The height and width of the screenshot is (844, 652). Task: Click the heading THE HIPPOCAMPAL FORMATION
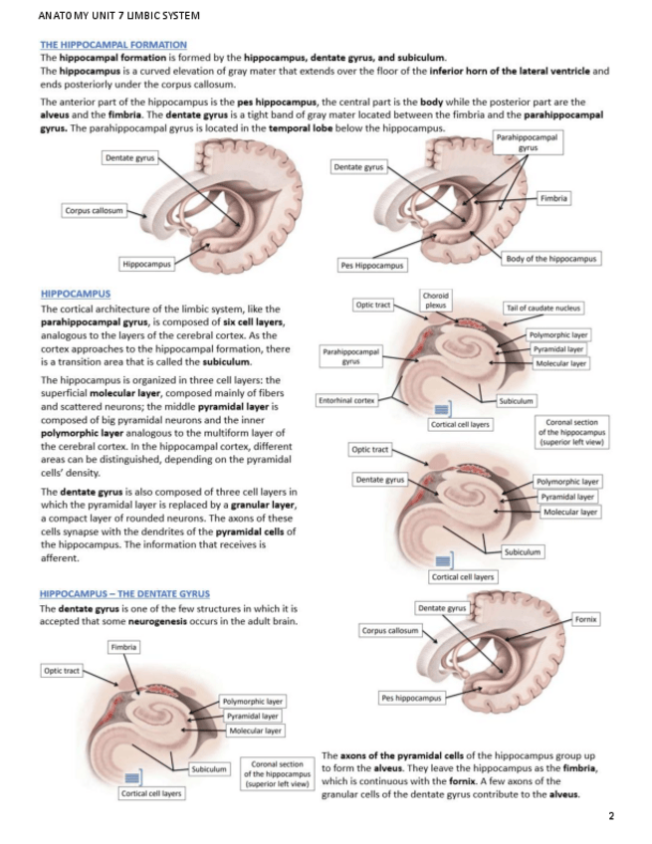tap(112, 45)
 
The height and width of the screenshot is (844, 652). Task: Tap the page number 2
tap(611, 816)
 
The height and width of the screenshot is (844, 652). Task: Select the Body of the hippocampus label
tap(550, 259)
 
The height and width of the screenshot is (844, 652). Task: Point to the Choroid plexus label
tap(436, 300)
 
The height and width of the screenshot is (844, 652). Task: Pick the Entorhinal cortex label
tap(346, 400)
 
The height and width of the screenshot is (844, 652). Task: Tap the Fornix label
tap(586, 619)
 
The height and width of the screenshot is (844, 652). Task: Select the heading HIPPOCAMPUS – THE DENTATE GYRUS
tap(123, 594)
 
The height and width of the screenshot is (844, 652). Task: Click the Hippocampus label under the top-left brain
tap(146, 264)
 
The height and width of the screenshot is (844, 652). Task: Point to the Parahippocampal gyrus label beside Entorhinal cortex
tap(350, 355)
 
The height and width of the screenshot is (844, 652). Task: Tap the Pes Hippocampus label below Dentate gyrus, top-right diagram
tap(372, 266)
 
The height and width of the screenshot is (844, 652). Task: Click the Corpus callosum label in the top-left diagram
tap(95, 211)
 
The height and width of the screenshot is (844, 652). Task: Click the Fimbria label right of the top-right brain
tap(554, 198)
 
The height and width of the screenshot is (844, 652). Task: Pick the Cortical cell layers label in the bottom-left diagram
tap(150, 793)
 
